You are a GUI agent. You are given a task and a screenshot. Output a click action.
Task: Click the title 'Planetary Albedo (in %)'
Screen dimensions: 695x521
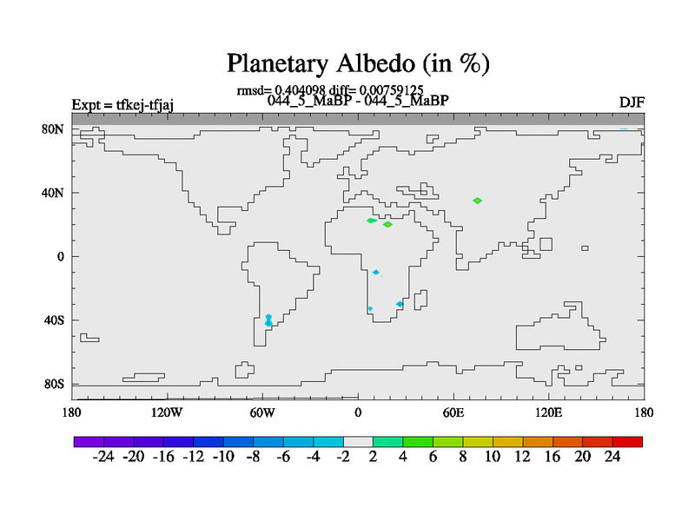358,63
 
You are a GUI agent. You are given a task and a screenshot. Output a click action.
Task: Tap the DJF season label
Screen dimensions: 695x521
632,102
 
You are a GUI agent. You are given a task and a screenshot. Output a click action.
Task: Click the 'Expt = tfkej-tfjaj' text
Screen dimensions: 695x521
122,105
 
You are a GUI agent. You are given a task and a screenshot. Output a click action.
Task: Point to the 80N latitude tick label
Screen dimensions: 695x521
53,129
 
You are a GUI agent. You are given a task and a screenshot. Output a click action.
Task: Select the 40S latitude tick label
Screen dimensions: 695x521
54,320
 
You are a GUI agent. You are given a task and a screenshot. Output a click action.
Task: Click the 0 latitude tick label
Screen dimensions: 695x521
60,256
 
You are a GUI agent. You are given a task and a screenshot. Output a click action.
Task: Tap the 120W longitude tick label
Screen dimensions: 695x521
167,413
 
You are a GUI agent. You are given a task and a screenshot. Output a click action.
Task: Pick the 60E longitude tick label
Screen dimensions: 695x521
453,413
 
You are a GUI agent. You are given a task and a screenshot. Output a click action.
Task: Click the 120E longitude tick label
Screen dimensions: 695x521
549,413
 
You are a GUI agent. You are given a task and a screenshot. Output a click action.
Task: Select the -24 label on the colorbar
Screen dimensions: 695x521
103,457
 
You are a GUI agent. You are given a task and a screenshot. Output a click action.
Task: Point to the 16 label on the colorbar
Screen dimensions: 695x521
553,457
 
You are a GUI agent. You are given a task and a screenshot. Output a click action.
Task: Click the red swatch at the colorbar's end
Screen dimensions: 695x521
627,442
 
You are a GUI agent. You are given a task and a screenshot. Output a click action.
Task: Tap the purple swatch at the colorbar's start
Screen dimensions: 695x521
89,442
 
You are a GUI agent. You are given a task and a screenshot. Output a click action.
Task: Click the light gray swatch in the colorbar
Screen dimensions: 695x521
358,442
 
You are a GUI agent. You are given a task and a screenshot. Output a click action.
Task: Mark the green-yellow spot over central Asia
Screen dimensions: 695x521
477,201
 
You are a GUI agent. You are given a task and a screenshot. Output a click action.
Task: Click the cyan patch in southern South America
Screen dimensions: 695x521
268,320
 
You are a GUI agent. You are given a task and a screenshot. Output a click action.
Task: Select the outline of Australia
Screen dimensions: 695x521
560,326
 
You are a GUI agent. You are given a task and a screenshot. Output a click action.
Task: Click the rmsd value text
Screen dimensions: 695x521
281,90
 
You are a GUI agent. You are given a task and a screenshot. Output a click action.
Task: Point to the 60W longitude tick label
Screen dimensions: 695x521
262,413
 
